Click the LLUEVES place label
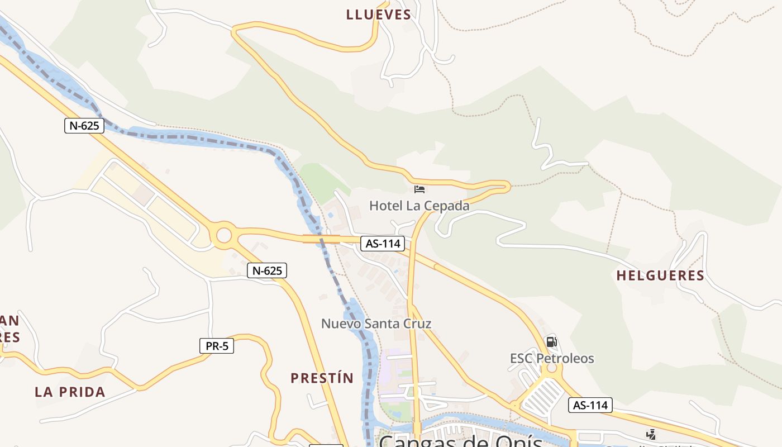pyautogui.click(x=379, y=15)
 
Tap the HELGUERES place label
pyautogui.click(x=660, y=275)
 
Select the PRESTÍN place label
pyautogui.click(x=322, y=378)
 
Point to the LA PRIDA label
pyautogui.click(x=70, y=392)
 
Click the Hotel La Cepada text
pyautogui.click(x=419, y=206)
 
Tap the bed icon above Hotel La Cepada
pyautogui.click(x=419, y=190)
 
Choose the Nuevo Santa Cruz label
pyautogui.click(x=376, y=324)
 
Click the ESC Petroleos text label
pyautogui.click(x=552, y=358)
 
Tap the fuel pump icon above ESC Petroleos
pyautogui.click(x=551, y=341)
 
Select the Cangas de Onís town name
pyautogui.click(x=461, y=441)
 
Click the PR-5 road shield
pyautogui.click(x=217, y=346)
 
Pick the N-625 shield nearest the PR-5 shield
pyautogui.click(x=267, y=271)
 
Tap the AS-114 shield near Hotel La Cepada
pyautogui.click(x=383, y=244)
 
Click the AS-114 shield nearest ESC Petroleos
pyautogui.click(x=590, y=405)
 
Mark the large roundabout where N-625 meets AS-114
pyautogui.click(x=223, y=235)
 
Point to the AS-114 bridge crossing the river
pyautogui.click(x=321, y=239)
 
